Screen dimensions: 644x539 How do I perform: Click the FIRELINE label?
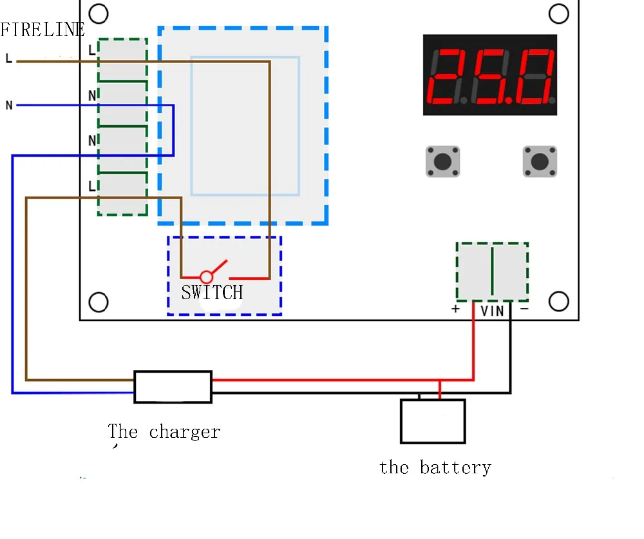tap(43, 30)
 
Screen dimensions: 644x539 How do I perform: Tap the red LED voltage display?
tap(490, 75)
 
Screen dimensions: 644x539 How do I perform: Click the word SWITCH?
tap(212, 292)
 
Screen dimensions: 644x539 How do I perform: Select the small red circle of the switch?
tap(206, 277)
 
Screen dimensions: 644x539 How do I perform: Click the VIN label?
tap(492, 311)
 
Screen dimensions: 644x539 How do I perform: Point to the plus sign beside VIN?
tap(455, 309)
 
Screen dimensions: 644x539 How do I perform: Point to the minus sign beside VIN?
tap(524, 308)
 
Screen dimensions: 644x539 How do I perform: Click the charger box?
tap(173, 387)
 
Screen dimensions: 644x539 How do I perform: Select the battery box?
tap(433, 422)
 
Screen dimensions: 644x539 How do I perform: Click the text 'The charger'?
tap(164, 432)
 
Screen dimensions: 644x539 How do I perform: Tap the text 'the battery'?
tap(435, 468)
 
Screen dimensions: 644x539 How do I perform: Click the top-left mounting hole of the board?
tap(99, 14)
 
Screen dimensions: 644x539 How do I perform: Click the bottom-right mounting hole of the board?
tap(558, 301)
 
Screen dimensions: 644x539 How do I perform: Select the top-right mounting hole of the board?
tap(558, 14)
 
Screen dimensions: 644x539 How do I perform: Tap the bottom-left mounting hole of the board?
tap(99, 302)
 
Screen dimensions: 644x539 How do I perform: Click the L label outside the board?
tap(8, 59)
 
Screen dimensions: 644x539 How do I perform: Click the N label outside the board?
tap(9, 105)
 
